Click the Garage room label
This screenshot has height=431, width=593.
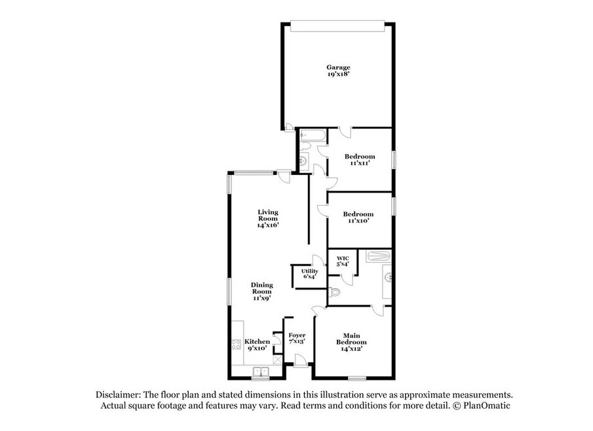[x=339, y=67]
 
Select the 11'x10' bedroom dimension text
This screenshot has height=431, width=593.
[x=358, y=221]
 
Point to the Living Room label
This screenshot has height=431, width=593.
[x=268, y=215]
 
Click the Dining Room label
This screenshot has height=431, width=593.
[x=261, y=288]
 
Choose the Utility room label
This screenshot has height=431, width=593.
[x=310, y=271]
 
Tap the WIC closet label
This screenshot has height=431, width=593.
[x=343, y=259]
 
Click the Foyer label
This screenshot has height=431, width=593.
[x=297, y=335]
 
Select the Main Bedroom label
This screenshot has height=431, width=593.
[x=351, y=339]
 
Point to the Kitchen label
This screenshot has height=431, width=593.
[x=257, y=342]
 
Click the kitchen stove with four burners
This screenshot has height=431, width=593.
[x=237, y=345]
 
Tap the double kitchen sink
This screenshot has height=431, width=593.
[x=261, y=371]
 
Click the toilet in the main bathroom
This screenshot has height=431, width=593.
[x=335, y=292]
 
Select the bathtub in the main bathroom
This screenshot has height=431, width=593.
[x=378, y=256]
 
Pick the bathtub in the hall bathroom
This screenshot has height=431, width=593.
[x=313, y=136]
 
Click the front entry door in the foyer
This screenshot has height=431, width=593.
[x=301, y=360]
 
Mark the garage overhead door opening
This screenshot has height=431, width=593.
[x=337, y=26]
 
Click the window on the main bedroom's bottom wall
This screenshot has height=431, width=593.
[x=357, y=378]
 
